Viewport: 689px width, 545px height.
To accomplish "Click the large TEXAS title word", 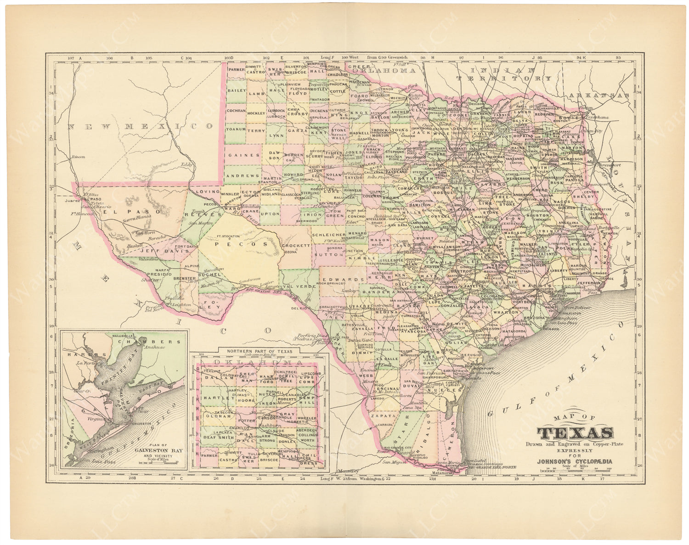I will tap(576, 433).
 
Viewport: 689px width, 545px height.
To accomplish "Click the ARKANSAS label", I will tap(599, 95).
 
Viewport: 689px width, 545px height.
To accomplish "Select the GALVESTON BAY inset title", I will tap(158, 450).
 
